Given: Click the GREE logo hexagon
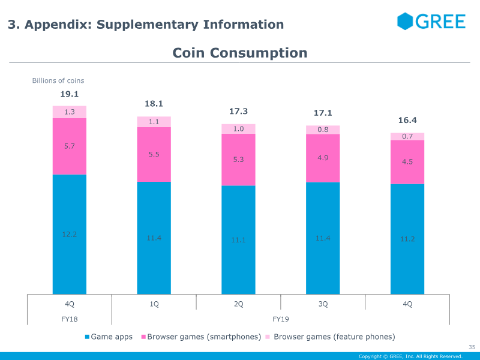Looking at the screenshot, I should (406, 21).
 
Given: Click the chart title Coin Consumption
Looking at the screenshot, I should (240, 53).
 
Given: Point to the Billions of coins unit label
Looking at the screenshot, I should (58, 80).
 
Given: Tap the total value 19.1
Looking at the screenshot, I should (69, 94).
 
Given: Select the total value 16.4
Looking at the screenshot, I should (407, 121).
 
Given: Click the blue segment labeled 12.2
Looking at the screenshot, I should (70, 234).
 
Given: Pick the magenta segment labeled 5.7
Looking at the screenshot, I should (70, 146).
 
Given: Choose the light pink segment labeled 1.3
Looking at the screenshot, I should (70, 112).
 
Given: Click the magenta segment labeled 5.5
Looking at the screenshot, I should (154, 154).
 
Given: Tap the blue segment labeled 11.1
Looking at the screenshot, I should (238, 240).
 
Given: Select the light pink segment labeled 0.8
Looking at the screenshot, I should (323, 130).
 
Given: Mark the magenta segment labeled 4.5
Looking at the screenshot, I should (407, 162).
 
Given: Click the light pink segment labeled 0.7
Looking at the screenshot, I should (407, 136).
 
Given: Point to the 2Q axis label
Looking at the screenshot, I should (238, 304).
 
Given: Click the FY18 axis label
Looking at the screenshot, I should (70, 319).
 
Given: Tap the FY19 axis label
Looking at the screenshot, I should (281, 319).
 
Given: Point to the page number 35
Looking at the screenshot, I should (472, 347).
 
